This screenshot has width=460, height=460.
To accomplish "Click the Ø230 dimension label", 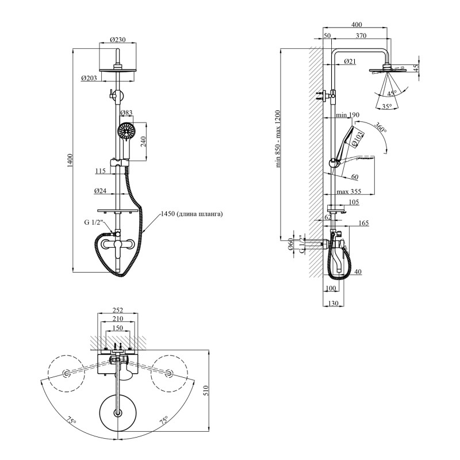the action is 118,39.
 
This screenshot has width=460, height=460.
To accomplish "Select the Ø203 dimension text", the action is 89,78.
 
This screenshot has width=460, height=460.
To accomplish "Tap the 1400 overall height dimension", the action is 70,160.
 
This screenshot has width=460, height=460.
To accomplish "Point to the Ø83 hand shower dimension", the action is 126,113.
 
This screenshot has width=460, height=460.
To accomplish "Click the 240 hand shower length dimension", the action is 144,141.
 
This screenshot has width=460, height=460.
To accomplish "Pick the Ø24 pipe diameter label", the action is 100,191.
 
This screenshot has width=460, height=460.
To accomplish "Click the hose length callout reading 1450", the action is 191,214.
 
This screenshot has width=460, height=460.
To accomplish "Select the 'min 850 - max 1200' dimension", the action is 278,139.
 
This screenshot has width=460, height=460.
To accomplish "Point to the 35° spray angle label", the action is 387,106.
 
